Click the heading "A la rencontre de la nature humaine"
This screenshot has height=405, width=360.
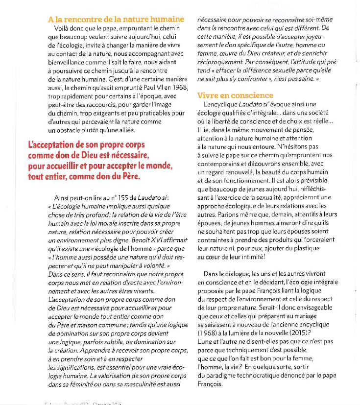[116, 20]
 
